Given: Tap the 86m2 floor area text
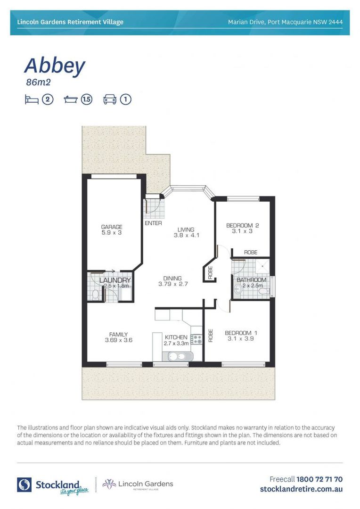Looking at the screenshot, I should [38, 82].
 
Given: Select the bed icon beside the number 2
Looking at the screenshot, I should [31, 99].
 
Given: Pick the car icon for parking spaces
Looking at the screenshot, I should [110, 99].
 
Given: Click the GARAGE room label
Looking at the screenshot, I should [112, 227].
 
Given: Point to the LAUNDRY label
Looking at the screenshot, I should [115, 280].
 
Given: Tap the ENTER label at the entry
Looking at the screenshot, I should [154, 223].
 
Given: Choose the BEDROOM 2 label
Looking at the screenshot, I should [243, 225].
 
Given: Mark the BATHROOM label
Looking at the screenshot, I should [251, 279].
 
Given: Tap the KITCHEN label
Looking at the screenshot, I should [176, 337].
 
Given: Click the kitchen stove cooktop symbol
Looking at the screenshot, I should [196, 338].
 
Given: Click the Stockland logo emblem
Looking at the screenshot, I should [24, 484].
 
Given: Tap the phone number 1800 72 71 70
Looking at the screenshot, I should [319, 479].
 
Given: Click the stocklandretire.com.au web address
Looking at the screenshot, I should [301, 489].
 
